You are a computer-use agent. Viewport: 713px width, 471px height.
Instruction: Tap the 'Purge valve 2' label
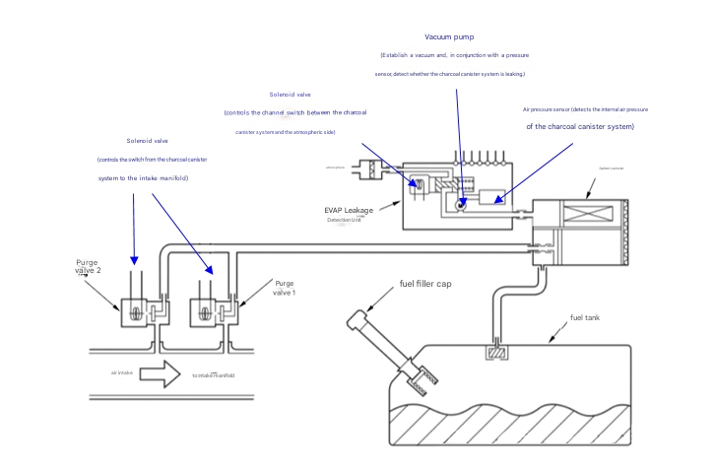(x=89, y=266)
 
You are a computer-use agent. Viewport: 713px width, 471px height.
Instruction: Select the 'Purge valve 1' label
(x=285, y=288)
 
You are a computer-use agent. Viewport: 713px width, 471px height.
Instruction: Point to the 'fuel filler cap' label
(x=424, y=284)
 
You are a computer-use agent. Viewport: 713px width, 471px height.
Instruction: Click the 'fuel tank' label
(x=584, y=318)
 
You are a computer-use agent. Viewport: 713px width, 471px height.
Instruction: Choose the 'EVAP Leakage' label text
(x=349, y=210)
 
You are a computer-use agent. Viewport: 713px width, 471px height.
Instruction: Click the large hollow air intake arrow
(x=159, y=374)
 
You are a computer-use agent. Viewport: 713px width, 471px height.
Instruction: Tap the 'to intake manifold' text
(x=213, y=375)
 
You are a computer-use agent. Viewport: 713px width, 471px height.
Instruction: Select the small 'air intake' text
(x=121, y=372)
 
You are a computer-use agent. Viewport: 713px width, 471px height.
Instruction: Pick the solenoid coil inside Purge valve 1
(x=205, y=314)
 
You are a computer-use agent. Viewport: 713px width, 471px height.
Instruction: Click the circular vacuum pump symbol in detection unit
(x=461, y=204)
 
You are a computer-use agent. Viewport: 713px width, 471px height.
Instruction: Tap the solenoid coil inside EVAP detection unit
(x=419, y=184)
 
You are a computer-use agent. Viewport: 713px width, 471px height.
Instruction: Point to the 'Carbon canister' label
(x=612, y=168)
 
